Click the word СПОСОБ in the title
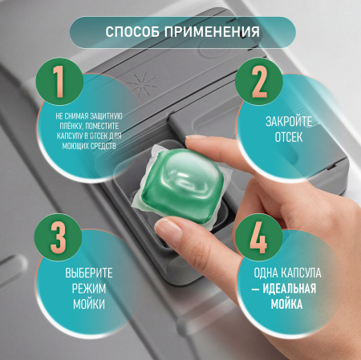click(x=132, y=32)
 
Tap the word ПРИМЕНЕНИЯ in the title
click(x=212, y=32)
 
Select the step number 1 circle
click(x=59, y=82)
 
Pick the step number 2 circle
click(x=259, y=82)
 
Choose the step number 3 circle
click(x=58, y=237)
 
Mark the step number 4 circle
click(x=259, y=237)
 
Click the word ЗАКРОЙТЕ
click(x=289, y=122)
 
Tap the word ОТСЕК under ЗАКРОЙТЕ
click(x=289, y=137)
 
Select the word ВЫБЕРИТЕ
click(x=89, y=273)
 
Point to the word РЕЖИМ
click(x=89, y=289)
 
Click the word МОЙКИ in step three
click(x=89, y=305)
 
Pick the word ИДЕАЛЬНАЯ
click(x=290, y=289)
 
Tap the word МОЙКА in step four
click(x=286, y=305)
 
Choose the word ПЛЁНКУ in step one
click(x=71, y=126)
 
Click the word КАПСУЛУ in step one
click(x=70, y=136)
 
